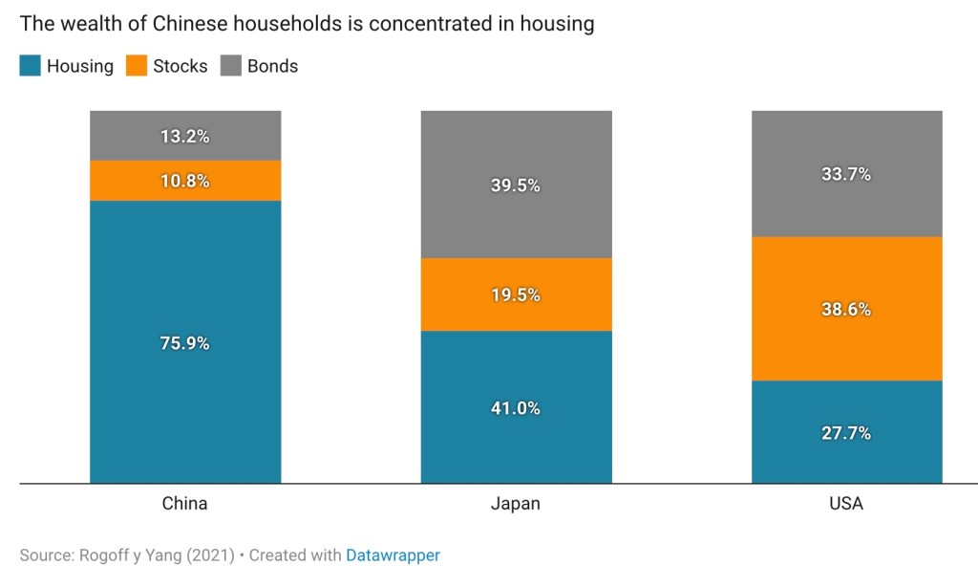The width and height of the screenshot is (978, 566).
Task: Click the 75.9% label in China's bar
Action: click(185, 343)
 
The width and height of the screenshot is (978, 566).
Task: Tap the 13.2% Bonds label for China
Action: click(185, 136)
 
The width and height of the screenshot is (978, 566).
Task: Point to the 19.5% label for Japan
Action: click(516, 294)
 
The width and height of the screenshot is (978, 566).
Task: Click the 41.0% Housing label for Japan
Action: click(516, 408)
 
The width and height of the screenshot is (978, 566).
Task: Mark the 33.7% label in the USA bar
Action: click(846, 174)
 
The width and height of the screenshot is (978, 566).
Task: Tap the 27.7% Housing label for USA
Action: click(846, 433)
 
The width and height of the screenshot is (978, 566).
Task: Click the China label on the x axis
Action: click(185, 503)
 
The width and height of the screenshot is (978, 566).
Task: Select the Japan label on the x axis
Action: click(516, 503)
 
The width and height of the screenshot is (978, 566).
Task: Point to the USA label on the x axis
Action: click(846, 503)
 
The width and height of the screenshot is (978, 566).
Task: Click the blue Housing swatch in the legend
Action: click(30, 66)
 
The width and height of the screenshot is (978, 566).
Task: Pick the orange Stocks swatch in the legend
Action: click(137, 66)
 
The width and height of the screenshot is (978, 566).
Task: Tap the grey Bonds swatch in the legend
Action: click(231, 66)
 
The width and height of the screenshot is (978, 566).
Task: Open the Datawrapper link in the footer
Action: click(393, 555)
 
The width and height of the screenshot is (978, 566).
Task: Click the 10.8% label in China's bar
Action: click(185, 181)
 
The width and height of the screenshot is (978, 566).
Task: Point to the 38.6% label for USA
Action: click(846, 309)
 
